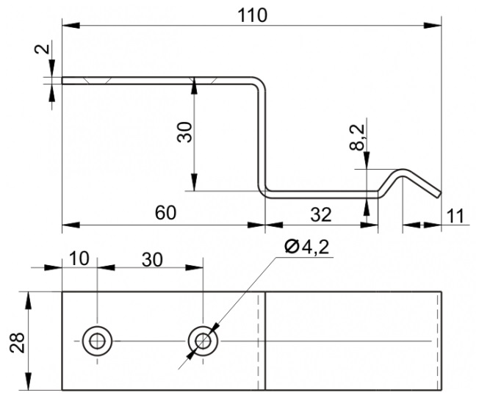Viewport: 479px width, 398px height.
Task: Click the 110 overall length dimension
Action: (252, 15)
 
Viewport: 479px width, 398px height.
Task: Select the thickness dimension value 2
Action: (43, 49)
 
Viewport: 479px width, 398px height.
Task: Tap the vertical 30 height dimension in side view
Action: (185, 132)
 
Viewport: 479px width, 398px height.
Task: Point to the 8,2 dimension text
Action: (358, 137)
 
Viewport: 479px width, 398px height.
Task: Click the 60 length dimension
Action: (165, 213)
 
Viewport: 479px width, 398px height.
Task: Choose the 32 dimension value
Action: (321, 214)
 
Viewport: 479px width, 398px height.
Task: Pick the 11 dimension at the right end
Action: (455, 216)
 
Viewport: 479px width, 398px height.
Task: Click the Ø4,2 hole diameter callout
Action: (307, 247)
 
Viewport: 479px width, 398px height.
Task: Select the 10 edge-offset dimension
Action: (79, 258)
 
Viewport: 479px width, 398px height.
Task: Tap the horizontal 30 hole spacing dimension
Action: (152, 260)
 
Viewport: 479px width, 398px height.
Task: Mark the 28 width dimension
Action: (17, 342)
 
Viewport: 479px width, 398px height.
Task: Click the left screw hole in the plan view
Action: (97, 341)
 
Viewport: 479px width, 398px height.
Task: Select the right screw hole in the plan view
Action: (203, 341)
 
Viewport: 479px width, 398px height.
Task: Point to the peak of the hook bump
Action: (403, 170)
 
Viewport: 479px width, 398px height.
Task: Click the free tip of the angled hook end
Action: (439, 195)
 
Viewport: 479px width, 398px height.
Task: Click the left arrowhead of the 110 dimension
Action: (71, 26)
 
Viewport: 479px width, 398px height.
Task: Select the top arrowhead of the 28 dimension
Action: (28, 301)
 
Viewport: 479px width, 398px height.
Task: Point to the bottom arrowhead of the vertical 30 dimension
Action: (194, 182)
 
